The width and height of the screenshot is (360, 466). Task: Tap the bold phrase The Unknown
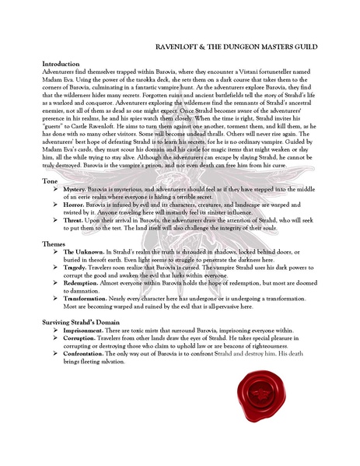click(x=83, y=253)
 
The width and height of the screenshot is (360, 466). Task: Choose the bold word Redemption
click(x=83, y=286)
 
